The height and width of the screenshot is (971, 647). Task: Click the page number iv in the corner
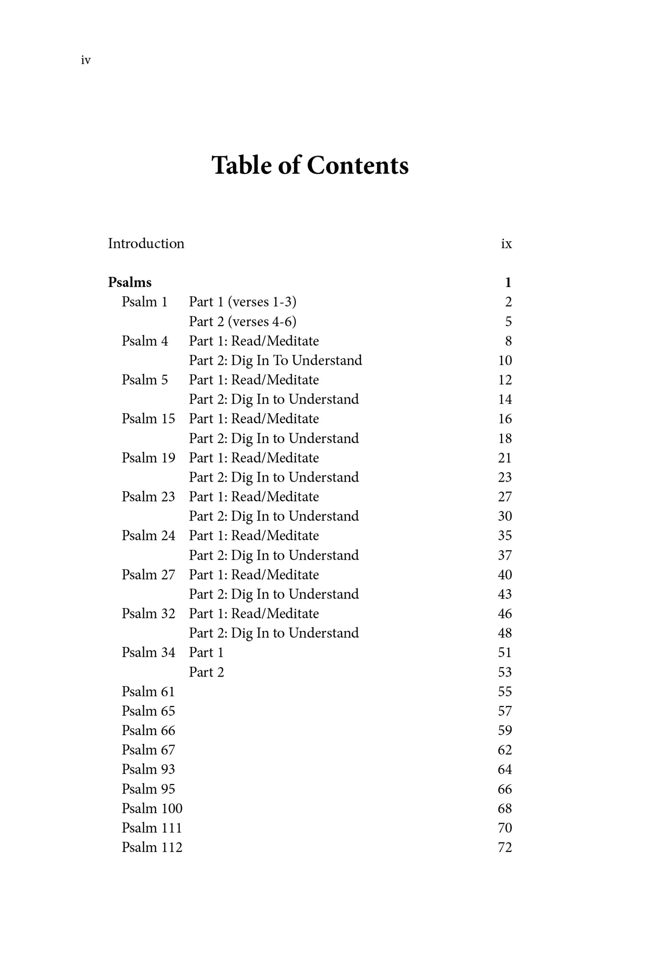click(x=86, y=60)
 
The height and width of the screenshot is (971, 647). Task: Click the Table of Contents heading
click(x=310, y=165)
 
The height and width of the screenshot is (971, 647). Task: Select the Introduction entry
click(x=146, y=244)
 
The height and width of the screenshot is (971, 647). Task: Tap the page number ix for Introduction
click(x=506, y=244)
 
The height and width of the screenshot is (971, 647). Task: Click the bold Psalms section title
click(x=130, y=282)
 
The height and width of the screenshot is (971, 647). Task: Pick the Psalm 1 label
click(x=144, y=302)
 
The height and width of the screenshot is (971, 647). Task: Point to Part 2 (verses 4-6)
click(x=243, y=321)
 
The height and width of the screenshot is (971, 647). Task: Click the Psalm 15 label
click(x=148, y=419)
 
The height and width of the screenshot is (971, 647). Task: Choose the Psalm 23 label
click(x=148, y=496)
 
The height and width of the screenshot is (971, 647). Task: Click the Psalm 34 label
click(x=148, y=652)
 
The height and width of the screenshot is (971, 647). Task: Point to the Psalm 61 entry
click(x=148, y=691)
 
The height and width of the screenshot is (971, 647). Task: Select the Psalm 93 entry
click(x=148, y=769)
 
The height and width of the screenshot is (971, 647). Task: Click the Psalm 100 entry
click(x=152, y=808)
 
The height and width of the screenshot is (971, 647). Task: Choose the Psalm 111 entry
click(x=152, y=828)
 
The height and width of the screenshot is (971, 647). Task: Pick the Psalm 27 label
click(x=148, y=575)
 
